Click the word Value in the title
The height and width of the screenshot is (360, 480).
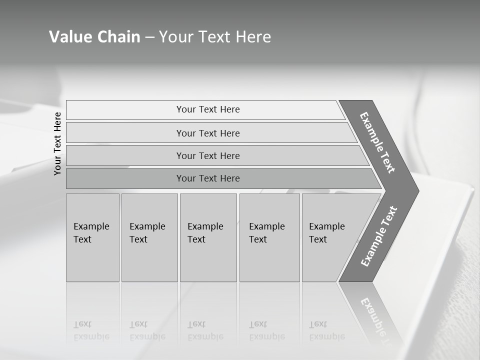tap(69, 37)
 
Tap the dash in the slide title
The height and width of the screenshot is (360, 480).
tap(149, 37)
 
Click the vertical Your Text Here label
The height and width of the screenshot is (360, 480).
tap(57, 143)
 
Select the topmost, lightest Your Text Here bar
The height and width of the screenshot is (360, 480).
tap(207, 109)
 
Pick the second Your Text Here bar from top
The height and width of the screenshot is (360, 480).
tap(207, 133)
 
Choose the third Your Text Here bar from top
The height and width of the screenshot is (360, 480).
tap(207, 155)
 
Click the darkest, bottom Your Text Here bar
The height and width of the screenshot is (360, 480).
tap(207, 178)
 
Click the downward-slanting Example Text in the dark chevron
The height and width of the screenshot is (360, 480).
tap(377, 142)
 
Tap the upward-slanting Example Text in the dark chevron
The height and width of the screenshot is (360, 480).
tap(378, 236)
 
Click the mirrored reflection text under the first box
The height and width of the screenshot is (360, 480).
tap(91, 330)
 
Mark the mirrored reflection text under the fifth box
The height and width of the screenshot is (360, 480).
tap(326, 330)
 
